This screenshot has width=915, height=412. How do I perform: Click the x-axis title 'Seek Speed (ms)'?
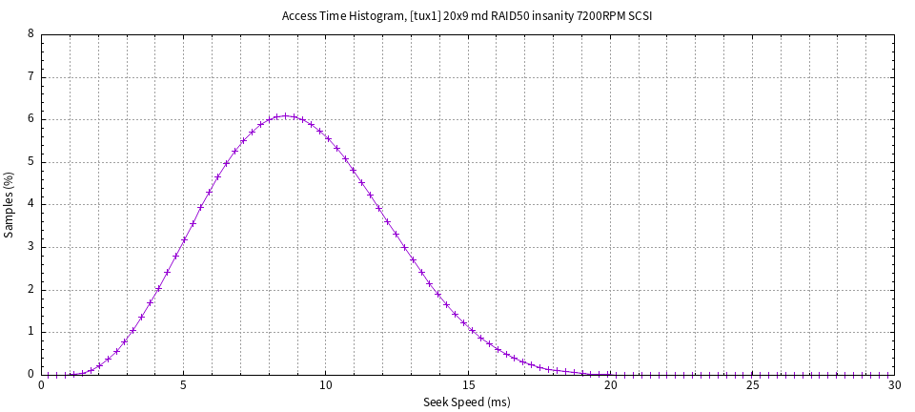click(x=467, y=402)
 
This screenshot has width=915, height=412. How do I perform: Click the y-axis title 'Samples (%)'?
click(x=10, y=204)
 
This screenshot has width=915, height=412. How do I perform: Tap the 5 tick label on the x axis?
click(x=183, y=385)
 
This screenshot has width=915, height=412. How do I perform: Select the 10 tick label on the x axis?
click(x=325, y=385)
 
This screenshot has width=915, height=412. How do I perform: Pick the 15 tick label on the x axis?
click(x=467, y=385)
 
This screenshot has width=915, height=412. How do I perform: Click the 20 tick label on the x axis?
click(x=610, y=385)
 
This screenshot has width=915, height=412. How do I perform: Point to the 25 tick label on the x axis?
click(x=752, y=385)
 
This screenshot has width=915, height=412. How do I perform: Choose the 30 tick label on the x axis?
click(x=893, y=385)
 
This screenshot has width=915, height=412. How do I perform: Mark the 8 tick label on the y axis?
click(x=31, y=34)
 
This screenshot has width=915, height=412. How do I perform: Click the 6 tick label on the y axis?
click(x=31, y=119)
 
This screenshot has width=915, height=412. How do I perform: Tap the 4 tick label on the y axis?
click(x=31, y=204)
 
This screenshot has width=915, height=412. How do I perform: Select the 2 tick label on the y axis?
click(x=31, y=290)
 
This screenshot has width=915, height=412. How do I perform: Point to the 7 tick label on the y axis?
click(x=31, y=76)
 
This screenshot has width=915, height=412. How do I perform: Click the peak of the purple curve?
click(x=285, y=116)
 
